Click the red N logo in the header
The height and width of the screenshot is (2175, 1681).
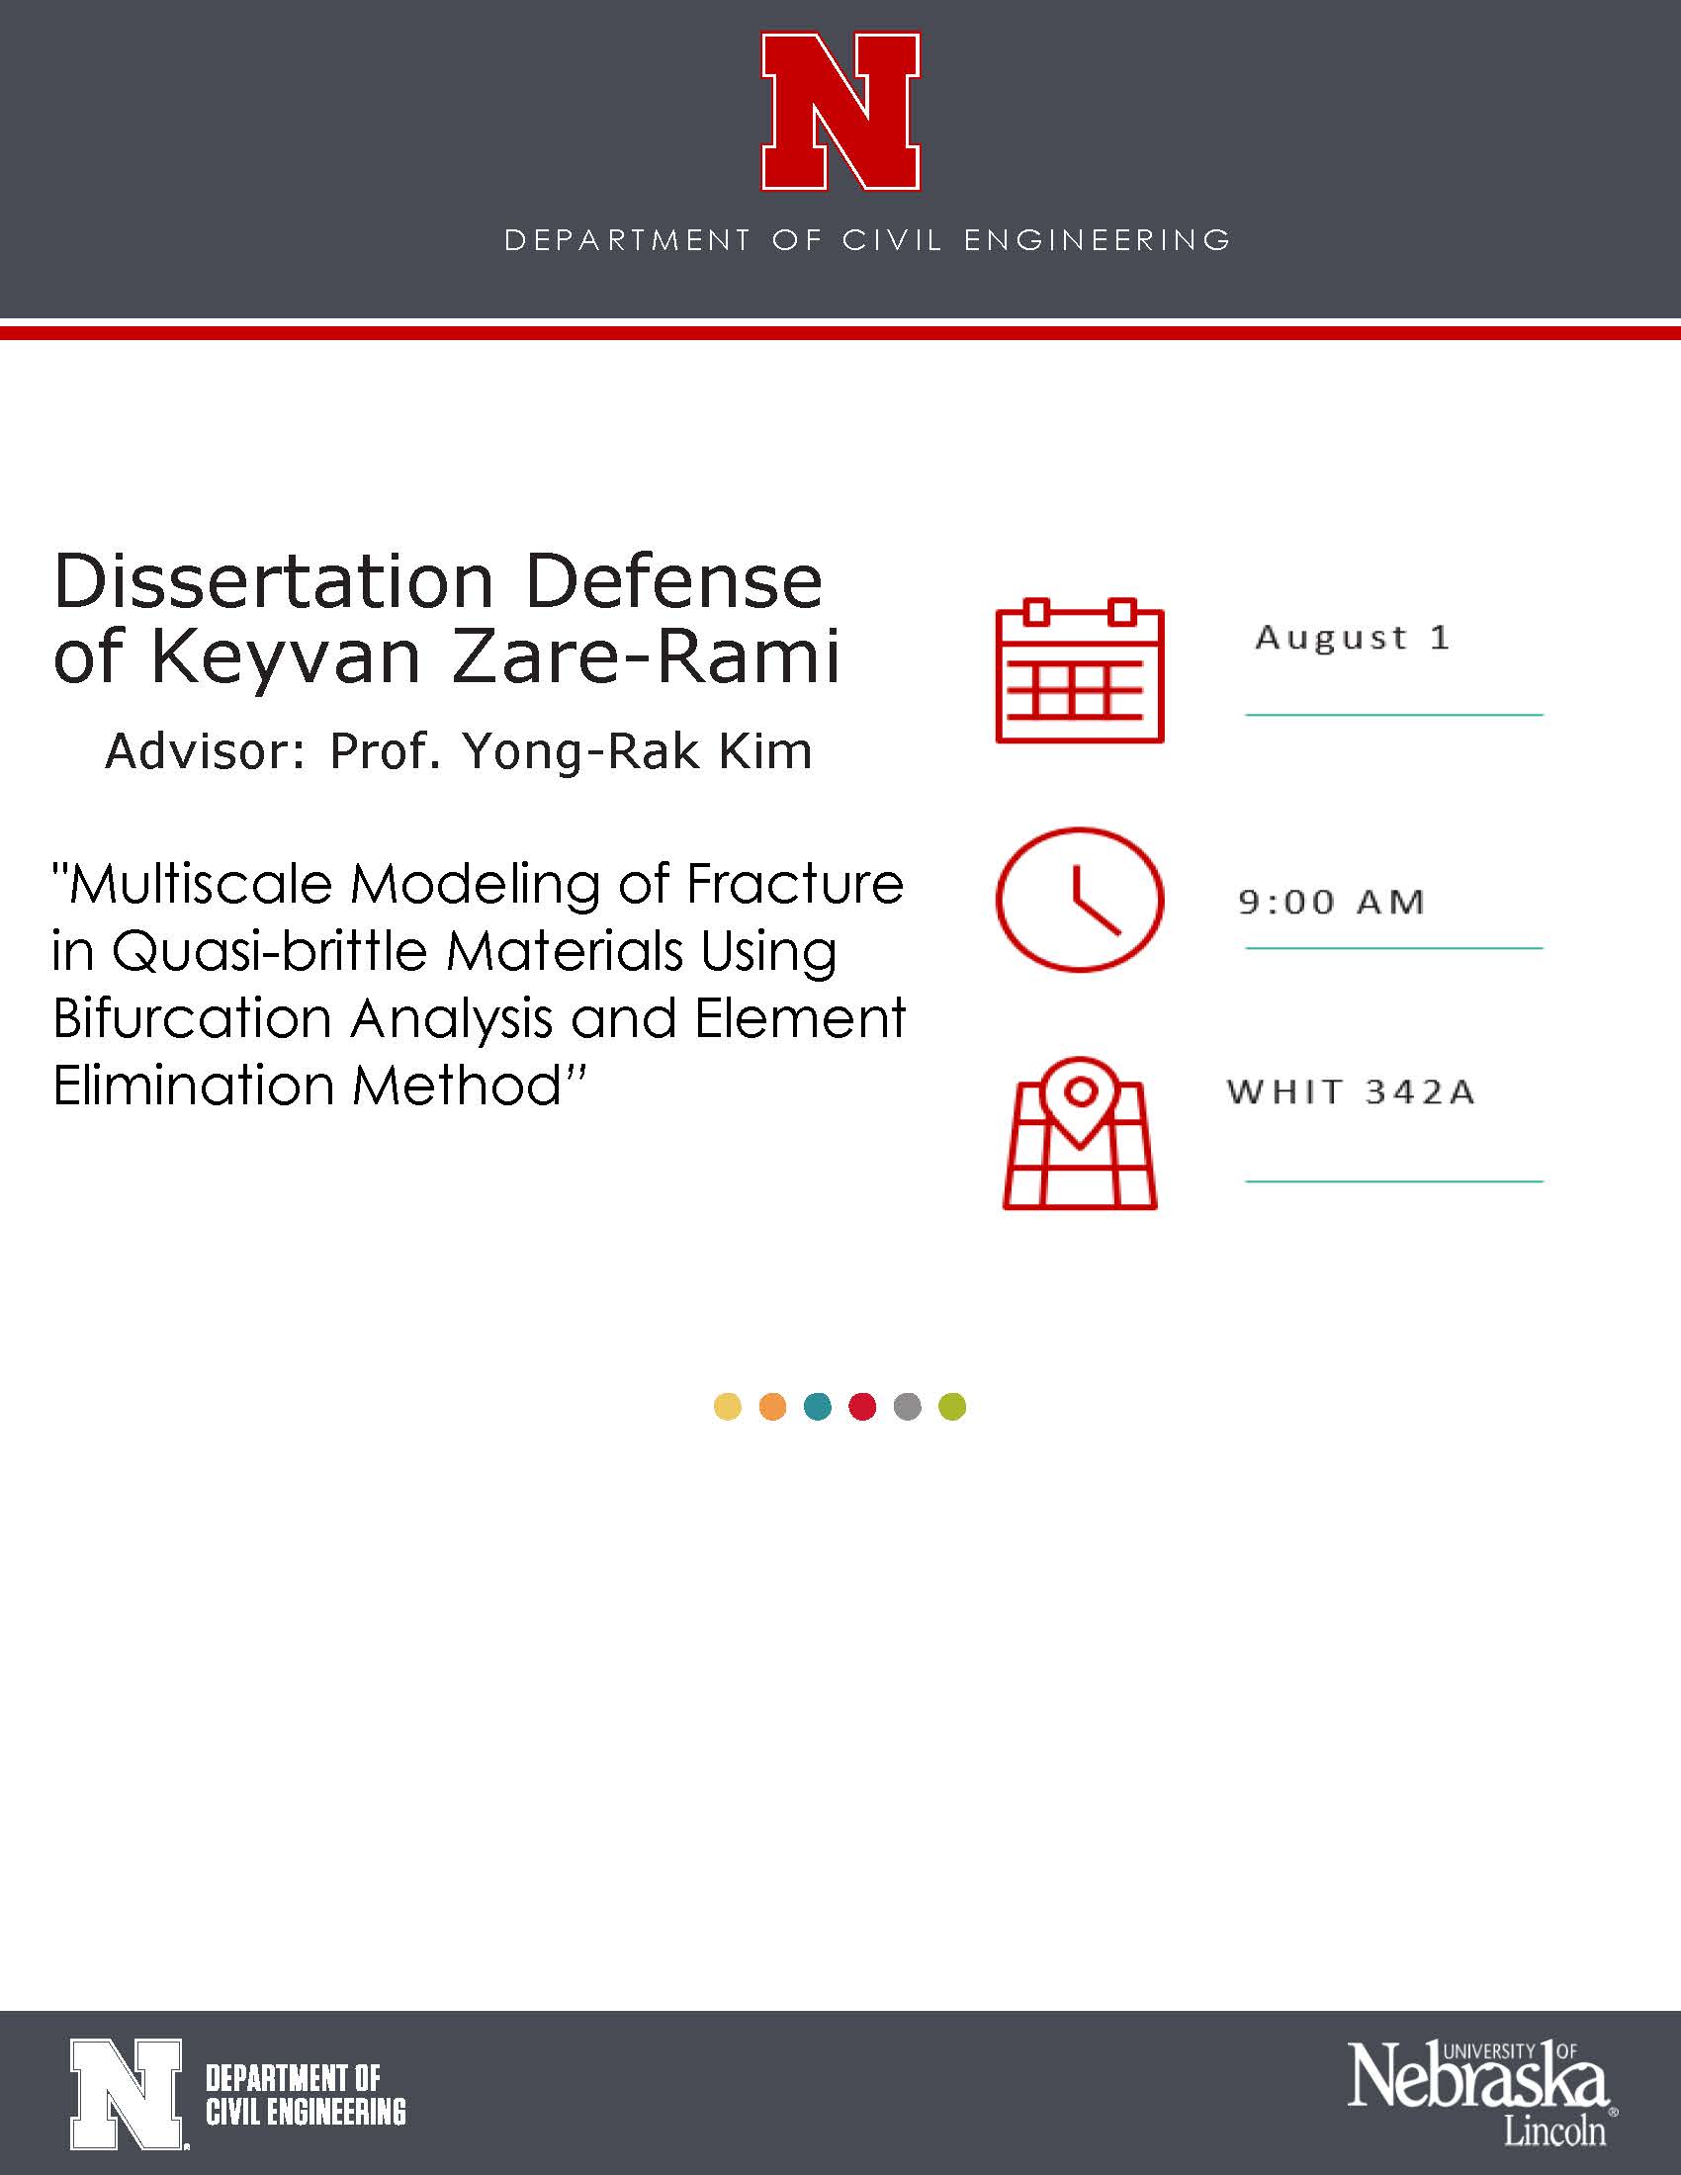coord(840,111)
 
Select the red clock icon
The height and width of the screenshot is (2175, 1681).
coord(1080,900)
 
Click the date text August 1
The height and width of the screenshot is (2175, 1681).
coord(1352,639)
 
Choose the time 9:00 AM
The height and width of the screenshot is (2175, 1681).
coord(1332,903)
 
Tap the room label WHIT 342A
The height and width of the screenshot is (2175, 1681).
coord(1351,1092)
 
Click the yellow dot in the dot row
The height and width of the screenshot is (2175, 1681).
coord(728,1406)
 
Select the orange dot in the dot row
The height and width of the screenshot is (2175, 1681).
coord(773,1406)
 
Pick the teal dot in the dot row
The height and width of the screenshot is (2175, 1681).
coord(818,1406)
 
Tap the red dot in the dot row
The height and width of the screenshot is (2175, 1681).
coord(862,1406)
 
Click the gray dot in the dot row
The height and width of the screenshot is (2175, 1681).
coord(907,1406)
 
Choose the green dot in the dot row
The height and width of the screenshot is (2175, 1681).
coord(952,1406)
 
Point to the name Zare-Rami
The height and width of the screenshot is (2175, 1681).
coord(647,656)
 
